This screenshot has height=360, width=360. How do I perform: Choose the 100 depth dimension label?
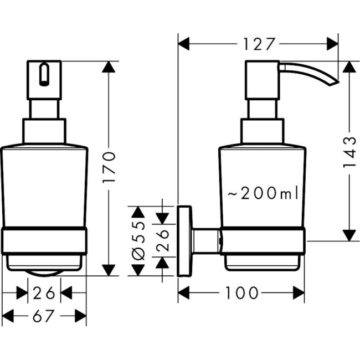242,293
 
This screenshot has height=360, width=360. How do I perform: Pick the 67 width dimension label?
44,316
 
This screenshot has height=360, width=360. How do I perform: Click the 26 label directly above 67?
44,292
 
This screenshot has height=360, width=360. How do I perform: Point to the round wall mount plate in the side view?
184,241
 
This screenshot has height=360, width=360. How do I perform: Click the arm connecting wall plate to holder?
206,241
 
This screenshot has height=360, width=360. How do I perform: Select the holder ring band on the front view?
44,241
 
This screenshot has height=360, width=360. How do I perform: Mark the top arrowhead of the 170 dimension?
110,68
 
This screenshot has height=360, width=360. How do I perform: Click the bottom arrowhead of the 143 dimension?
348,234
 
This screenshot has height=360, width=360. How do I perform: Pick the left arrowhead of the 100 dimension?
185,293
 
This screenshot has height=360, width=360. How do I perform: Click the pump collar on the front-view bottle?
44,131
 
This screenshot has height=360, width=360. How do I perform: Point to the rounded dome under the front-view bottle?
44,271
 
